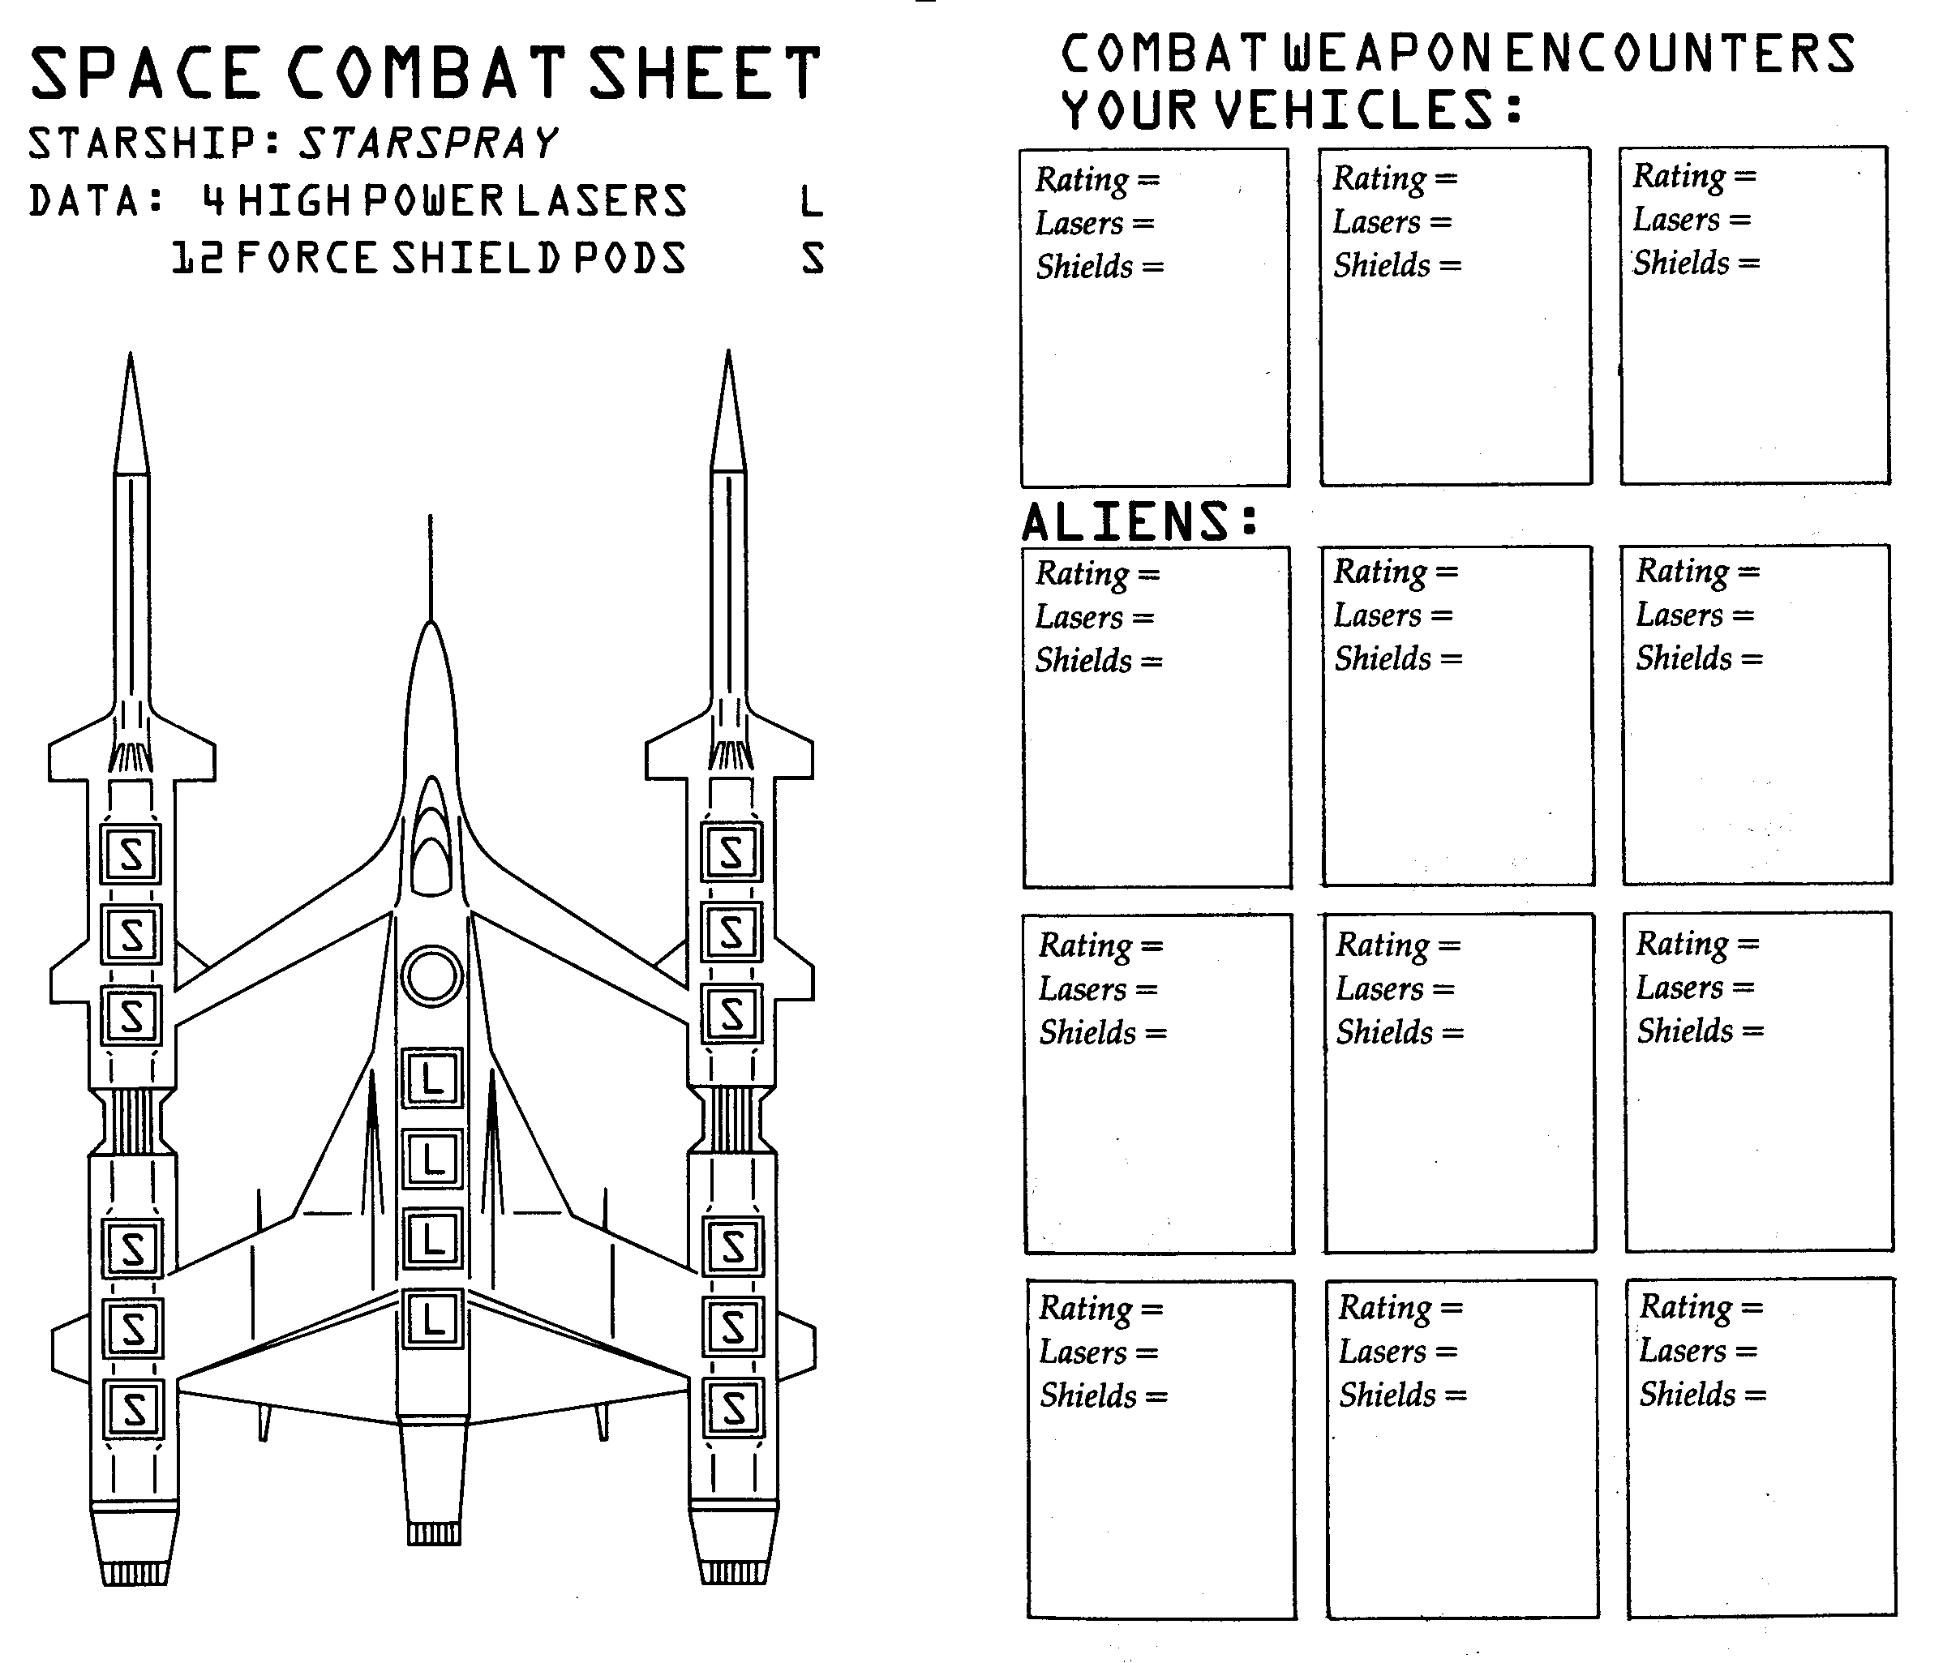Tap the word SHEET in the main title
click(x=706, y=73)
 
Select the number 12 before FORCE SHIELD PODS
click(x=197, y=258)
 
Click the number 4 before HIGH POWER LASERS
click(x=215, y=200)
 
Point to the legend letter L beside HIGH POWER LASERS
click(x=812, y=200)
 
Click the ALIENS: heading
click(x=1139, y=521)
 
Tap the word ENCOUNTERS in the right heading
click(x=1680, y=54)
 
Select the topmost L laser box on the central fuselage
click(x=432, y=1078)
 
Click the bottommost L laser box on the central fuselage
click(x=432, y=1319)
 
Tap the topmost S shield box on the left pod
click(x=131, y=854)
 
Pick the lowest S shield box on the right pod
click(x=733, y=1408)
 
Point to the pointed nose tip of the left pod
click(x=131, y=353)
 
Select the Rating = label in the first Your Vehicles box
click(x=1097, y=179)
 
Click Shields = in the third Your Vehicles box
click(x=1696, y=263)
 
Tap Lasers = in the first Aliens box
click(x=1094, y=617)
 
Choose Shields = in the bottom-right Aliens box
click(x=1702, y=1394)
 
